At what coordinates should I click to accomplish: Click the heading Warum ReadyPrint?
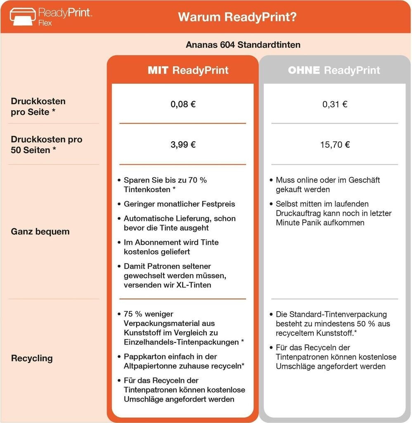[237, 17]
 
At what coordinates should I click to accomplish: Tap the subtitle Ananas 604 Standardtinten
[243, 44]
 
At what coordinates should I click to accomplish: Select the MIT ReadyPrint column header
[188, 70]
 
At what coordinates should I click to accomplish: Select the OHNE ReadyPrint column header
[334, 70]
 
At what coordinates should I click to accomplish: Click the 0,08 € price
[183, 104]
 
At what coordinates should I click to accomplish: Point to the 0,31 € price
[335, 104]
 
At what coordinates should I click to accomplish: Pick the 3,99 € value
[183, 145]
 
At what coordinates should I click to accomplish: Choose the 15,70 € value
[335, 145]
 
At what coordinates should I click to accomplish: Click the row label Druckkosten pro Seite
[38, 107]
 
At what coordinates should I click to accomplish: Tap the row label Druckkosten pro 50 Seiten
[46, 145]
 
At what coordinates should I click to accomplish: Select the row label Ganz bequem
[40, 231]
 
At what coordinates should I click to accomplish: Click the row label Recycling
[32, 358]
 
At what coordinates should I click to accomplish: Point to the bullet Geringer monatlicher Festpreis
[179, 204]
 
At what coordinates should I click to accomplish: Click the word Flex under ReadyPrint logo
[45, 23]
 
